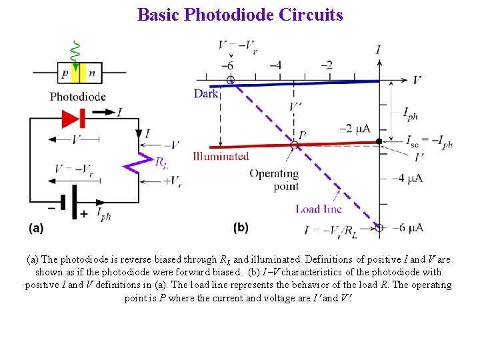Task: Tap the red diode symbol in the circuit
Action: (72, 118)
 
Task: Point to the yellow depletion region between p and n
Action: (79, 73)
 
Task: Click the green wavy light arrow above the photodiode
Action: (75, 51)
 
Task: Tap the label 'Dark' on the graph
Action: (206, 94)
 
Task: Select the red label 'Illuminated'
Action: (221, 157)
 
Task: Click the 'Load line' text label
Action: (318, 209)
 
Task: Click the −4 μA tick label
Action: (407, 178)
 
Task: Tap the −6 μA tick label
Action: (406, 228)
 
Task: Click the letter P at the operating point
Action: (302, 135)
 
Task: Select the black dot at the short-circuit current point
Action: (379, 141)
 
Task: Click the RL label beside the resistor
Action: (161, 161)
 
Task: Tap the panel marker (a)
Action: (36, 228)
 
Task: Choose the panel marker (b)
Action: (241, 228)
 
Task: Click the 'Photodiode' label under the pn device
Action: (77, 97)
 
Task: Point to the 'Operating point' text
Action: (274, 180)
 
